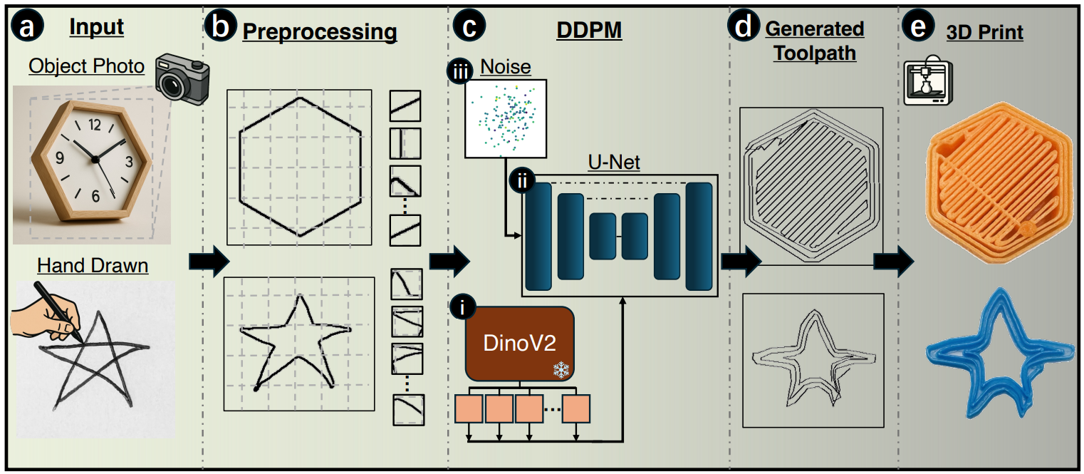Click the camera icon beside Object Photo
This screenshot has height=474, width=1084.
(183, 78)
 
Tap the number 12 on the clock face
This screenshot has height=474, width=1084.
(95, 126)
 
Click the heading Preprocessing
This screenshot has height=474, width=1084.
(320, 31)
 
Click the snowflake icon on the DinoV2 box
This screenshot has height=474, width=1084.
(563, 369)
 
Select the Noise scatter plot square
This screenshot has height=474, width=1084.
(505, 118)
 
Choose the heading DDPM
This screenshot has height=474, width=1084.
(588, 31)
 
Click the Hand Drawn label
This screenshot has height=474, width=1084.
(93, 266)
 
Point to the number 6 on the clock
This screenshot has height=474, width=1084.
(95, 196)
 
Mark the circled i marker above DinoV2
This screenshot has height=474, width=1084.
(464, 309)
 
